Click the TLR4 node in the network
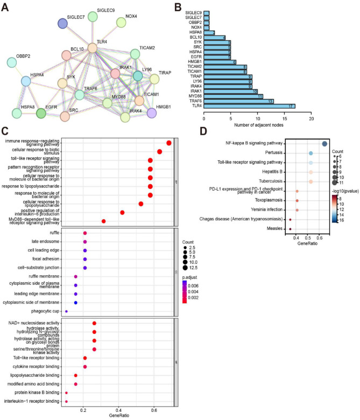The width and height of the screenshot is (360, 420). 93,48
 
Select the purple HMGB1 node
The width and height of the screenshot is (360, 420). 152,113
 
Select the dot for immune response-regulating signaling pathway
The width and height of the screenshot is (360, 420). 169,143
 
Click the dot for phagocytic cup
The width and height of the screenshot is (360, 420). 66,311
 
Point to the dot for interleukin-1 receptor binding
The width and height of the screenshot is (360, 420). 66,401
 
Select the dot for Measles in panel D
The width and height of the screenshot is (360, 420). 290,229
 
